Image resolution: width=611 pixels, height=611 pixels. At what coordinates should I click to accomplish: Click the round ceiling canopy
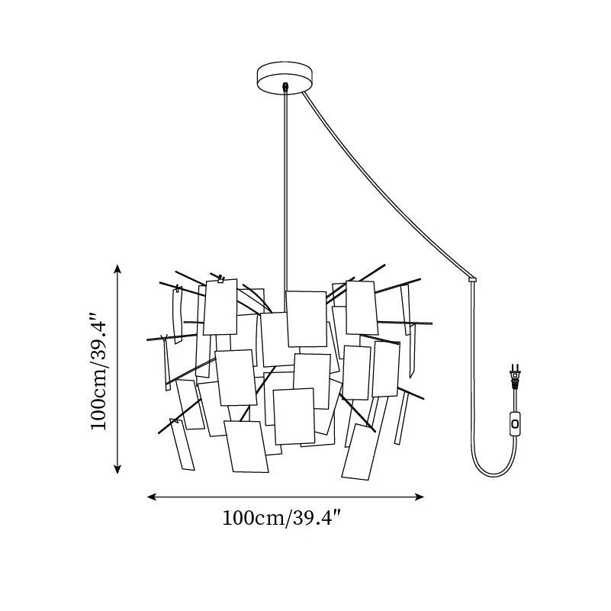tap(285, 77)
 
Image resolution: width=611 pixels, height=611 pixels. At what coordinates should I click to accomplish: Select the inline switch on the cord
tap(516, 423)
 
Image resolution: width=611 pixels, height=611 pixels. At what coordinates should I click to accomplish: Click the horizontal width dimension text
tap(281, 519)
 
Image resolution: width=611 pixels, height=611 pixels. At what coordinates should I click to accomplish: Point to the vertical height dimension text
tap(98, 370)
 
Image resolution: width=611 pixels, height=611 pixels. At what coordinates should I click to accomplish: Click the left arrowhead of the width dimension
tap(151, 497)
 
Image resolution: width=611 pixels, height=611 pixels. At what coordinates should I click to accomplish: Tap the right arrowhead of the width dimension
tap(420, 497)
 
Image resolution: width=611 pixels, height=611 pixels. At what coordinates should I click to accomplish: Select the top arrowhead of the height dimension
tap(117, 269)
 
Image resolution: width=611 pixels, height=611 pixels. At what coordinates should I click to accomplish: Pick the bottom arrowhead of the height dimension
tap(117, 469)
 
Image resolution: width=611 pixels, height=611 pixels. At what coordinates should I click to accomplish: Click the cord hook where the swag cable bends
tap(472, 279)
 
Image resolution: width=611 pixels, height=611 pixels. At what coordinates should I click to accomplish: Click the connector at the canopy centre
tap(286, 86)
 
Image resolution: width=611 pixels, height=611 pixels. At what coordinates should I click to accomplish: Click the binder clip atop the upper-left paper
tap(220, 278)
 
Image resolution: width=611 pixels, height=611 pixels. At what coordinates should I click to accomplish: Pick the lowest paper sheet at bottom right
tap(359, 452)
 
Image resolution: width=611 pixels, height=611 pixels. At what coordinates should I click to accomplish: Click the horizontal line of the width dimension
tap(285, 497)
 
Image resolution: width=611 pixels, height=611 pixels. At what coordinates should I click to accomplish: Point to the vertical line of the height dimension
tap(117, 369)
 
